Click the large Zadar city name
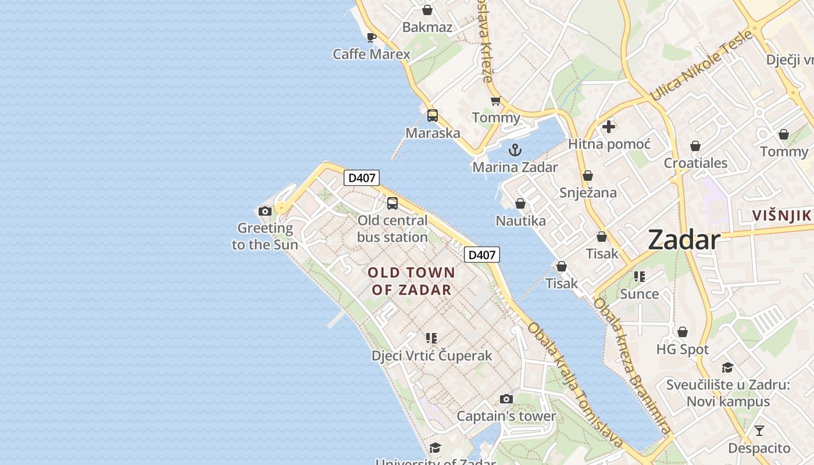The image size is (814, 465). [684, 239]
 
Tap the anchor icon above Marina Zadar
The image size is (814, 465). [515, 151]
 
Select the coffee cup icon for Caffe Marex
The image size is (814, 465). [372, 38]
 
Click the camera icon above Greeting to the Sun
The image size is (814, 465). [265, 211]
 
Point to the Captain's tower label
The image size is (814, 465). [506, 416]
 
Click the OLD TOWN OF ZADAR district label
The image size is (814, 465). [411, 281]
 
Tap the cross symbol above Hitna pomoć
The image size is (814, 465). [609, 126]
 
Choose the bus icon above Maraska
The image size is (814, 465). [432, 115]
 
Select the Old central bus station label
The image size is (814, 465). [392, 228]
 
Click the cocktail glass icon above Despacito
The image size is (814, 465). [759, 431]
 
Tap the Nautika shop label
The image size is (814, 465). [520, 221]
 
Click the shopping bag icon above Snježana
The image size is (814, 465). [588, 176]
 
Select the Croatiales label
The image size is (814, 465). [695, 163]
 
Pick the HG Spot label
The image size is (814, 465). [682, 349]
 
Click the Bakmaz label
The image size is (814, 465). [427, 27]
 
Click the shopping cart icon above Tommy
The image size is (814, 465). [495, 101]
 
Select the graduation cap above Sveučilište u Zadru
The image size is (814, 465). [727, 367]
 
